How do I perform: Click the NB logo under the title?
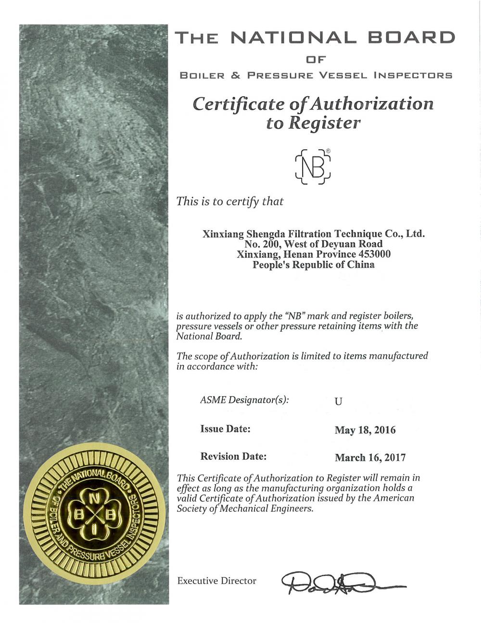click(x=313, y=167)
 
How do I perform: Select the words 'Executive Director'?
click(x=216, y=581)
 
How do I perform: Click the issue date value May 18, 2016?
click(x=365, y=430)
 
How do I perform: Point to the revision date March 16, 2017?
click(x=370, y=457)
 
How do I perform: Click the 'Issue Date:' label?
click(x=225, y=428)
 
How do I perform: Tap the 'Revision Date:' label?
click(x=233, y=456)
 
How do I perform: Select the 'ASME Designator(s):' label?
click(x=244, y=400)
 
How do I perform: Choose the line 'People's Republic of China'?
click(x=313, y=264)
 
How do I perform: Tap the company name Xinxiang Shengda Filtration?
click(x=313, y=234)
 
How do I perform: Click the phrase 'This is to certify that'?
click(x=230, y=201)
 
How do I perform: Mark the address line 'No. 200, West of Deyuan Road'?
click(x=313, y=245)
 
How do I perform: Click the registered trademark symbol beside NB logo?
click(x=328, y=151)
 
